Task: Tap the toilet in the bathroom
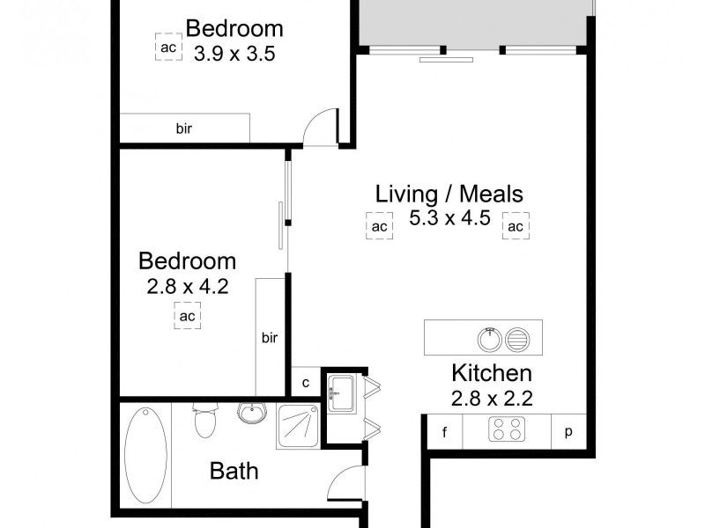click(x=204, y=421)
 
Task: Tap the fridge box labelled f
click(x=444, y=431)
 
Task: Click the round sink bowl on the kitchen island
click(x=487, y=337)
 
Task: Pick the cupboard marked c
click(x=305, y=382)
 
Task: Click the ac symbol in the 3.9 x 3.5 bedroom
click(x=167, y=48)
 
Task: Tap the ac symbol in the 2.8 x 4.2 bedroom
click(x=187, y=315)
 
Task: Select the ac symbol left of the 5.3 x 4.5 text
click(x=379, y=226)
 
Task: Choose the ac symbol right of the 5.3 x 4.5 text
click(x=515, y=226)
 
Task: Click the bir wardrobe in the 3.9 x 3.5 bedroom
click(x=185, y=128)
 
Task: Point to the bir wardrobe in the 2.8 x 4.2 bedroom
click(x=269, y=336)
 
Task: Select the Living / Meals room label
click(x=449, y=193)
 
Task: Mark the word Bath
click(x=234, y=471)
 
